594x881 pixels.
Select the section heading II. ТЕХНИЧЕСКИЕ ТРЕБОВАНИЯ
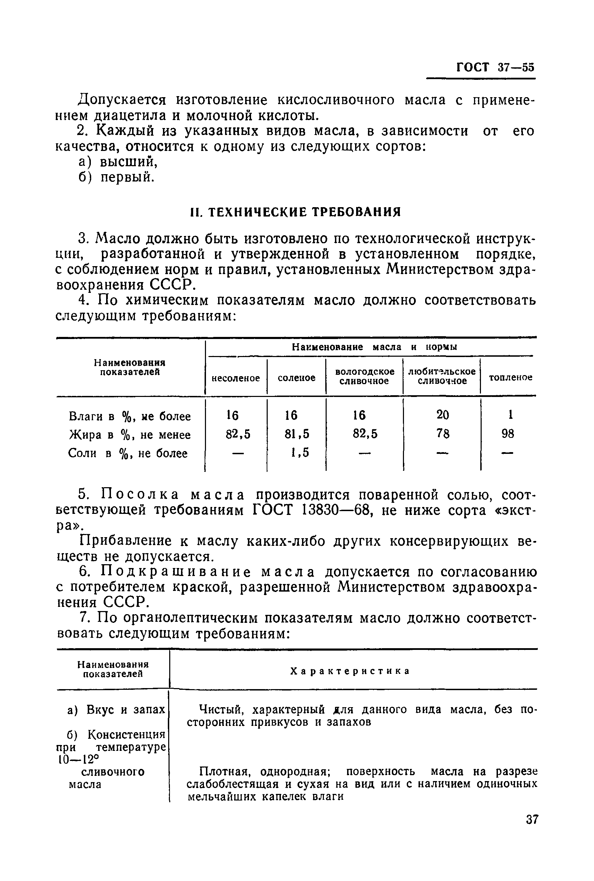click(x=295, y=212)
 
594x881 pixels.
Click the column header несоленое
click(x=236, y=378)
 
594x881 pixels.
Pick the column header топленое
click(x=510, y=377)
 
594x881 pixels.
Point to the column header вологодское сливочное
click(x=364, y=376)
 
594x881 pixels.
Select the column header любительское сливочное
click(x=442, y=376)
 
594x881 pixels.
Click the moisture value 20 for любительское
click(x=442, y=415)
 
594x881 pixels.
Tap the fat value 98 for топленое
click(x=508, y=434)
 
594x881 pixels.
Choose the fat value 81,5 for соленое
click(x=296, y=434)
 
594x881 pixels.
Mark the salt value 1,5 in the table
click(x=300, y=452)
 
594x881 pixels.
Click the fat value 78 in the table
click(x=442, y=434)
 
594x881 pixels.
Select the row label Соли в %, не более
click(x=128, y=454)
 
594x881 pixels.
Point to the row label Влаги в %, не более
click(x=130, y=417)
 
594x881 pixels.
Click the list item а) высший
click(x=118, y=162)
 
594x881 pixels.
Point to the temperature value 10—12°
click(x=77, y=760)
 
